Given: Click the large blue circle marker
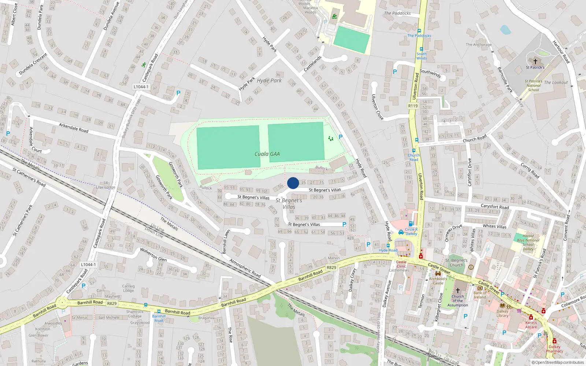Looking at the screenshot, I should coord(293,183).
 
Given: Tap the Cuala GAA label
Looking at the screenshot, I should coord(267,154).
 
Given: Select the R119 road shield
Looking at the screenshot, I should coord(413,106).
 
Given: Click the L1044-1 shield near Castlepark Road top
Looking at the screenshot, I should coord(141,87).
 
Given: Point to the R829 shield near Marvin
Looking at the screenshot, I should coord(331,268).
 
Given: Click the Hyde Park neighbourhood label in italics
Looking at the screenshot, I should coord(269,81).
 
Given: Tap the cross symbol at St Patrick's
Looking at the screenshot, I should coord(535,61).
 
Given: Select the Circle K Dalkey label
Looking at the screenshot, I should coord(411,231).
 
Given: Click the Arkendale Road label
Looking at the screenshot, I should coord(74,128).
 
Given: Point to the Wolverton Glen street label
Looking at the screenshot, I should coord(153,254).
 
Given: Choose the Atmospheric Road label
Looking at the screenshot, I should coord(245,268).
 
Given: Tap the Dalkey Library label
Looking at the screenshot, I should coord(502,313).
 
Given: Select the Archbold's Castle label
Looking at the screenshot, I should coord(438,281).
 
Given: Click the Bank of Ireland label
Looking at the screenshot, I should coord(480,295).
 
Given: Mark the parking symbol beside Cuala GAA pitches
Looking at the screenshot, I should coord(341,137).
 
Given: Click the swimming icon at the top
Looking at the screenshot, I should coord(334,16).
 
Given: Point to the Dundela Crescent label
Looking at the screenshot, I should coord(33,64).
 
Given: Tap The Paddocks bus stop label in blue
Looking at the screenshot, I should coord(419,36).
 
